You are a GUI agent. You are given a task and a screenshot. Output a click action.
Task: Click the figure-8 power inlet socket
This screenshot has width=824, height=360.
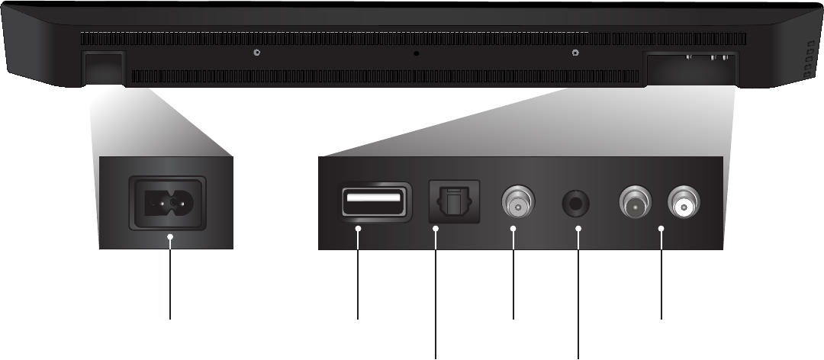pyautogui.click(x=169, y=203)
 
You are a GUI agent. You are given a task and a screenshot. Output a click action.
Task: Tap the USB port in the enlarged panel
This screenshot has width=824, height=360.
pyautogui.click(x=373, y=202)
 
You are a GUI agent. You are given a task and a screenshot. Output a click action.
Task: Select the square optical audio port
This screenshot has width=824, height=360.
pyautogui.click(x=454, y=202)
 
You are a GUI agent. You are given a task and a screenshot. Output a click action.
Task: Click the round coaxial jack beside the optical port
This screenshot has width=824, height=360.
pyautogui.click(x=517, y=204)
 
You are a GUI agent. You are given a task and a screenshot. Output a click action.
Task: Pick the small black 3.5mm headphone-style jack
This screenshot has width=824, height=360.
pyautogui.click(x=578, y=204)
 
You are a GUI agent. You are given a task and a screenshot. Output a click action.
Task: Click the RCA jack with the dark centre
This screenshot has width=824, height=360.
pyautogui.click(x=636, y=204)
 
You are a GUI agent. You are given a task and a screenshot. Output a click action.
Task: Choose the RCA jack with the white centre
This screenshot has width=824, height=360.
pyautogui.click(x=684, y=204)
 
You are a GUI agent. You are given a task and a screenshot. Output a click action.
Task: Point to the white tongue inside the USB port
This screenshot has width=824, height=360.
pyautogui.click(x=373, y=200)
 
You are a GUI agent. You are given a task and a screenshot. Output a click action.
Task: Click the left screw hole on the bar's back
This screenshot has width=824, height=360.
pyautogui.click(x=257, y=53)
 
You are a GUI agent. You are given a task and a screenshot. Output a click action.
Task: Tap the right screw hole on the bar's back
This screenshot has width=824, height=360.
pyautogui.click(x=574, y=53)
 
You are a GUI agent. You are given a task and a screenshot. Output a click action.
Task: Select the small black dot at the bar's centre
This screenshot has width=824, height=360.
pyautogui.click(x=416, y=53)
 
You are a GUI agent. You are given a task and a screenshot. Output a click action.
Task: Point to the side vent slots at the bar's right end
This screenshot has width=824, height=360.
pyautogui.click(x=810, y=59)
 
